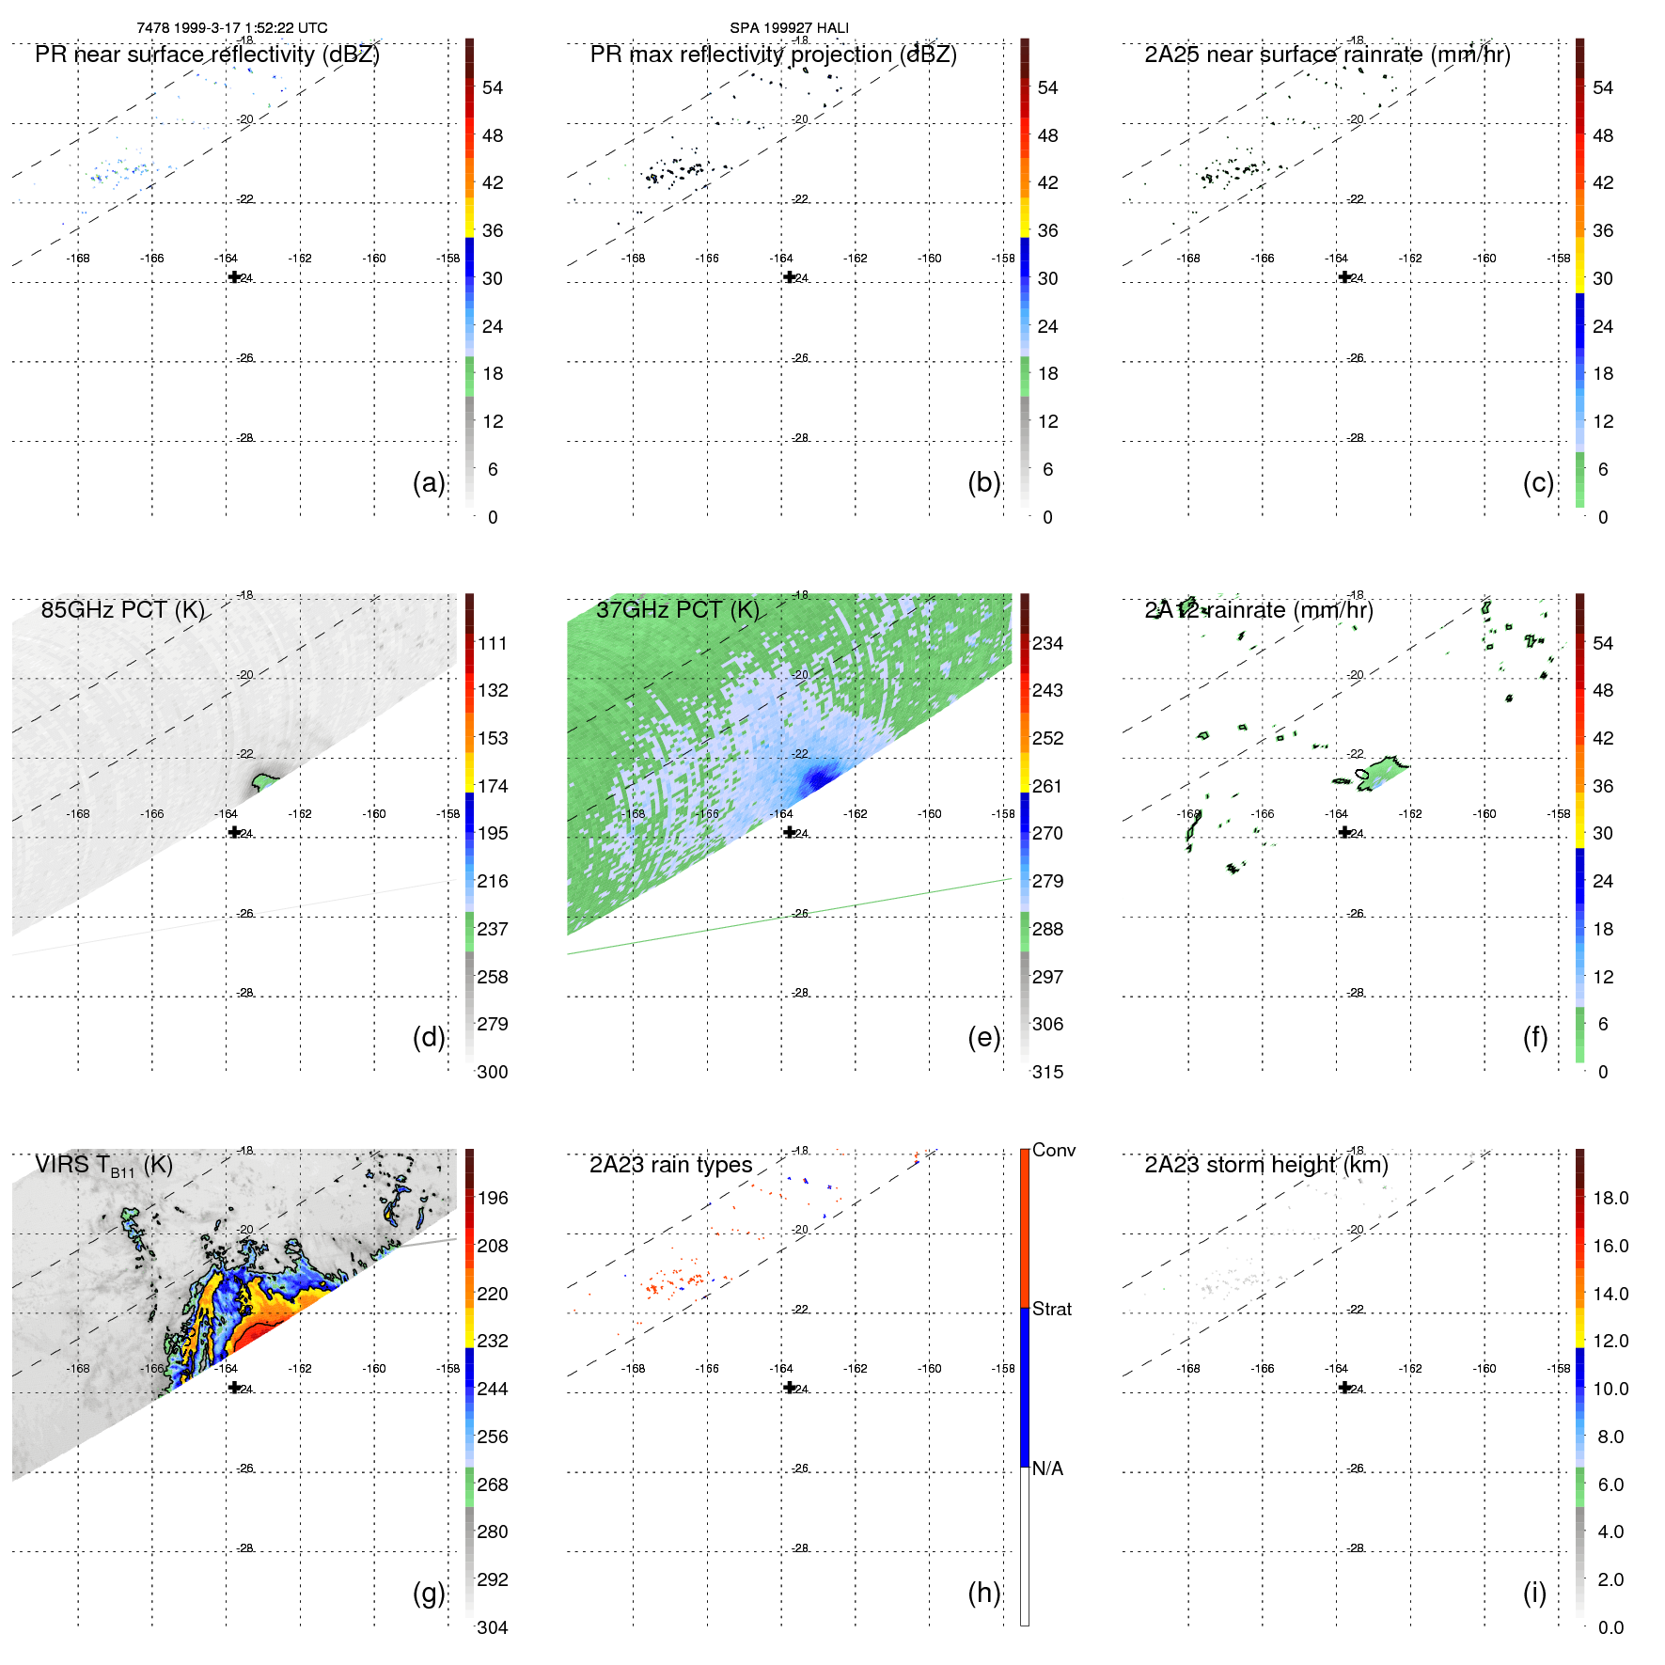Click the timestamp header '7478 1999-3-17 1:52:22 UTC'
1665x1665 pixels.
(232, 28)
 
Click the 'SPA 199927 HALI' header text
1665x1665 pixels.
(789, 28)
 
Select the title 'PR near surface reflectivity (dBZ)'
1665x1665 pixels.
(207, 55)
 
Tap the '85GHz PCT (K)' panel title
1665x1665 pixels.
(122, 610)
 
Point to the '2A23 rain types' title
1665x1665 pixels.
(670, 1165)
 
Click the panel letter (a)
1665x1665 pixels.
(429, 482)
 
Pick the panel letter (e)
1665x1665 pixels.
(983, 1037)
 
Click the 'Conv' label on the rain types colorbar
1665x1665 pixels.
(1053, 1150)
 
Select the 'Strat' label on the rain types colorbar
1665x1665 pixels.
(1052, 1309)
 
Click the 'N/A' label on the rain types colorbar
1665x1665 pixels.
(1047, 1469)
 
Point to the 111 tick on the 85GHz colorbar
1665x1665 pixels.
(493, 643)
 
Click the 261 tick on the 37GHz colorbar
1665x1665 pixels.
(1047, 786)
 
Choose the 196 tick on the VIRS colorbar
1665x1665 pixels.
(493, 1198)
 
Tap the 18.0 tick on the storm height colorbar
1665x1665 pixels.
(1610, 1198)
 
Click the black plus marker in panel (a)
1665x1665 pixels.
(234, 277)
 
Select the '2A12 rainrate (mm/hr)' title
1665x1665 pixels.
(1259, 610)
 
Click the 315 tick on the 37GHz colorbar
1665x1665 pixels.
(1047, 1072)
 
